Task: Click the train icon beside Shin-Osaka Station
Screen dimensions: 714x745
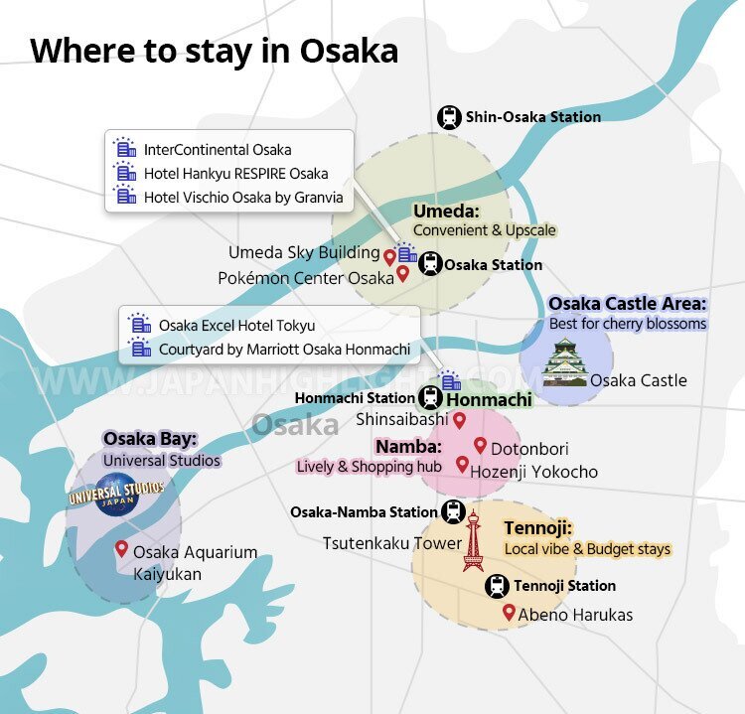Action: (449, 117)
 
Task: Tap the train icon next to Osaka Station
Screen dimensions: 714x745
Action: (429, 264)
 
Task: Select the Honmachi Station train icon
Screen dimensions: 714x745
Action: (430, 398)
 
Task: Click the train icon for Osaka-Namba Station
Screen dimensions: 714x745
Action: (453, 512)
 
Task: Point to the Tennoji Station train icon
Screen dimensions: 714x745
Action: (498, 586)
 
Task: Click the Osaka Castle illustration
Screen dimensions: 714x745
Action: (563, 362)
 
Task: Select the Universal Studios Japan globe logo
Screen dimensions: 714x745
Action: (115, 494)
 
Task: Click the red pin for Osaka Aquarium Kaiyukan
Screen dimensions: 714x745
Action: (121, 548)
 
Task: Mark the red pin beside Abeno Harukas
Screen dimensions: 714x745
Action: (509, 612)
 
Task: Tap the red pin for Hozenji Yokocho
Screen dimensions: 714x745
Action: (462, 464)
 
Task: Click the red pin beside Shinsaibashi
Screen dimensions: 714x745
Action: (459, 419)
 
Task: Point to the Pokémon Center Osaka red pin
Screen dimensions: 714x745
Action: (402, 273)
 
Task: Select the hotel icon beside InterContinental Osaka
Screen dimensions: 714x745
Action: (125, 150)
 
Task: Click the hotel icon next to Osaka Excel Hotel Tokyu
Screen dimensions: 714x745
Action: (141, 326)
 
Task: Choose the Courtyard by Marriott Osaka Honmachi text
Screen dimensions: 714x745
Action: (284, 350)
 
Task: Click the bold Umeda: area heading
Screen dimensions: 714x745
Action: (446, 212)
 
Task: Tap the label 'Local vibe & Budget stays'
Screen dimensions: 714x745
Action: (587, 549)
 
